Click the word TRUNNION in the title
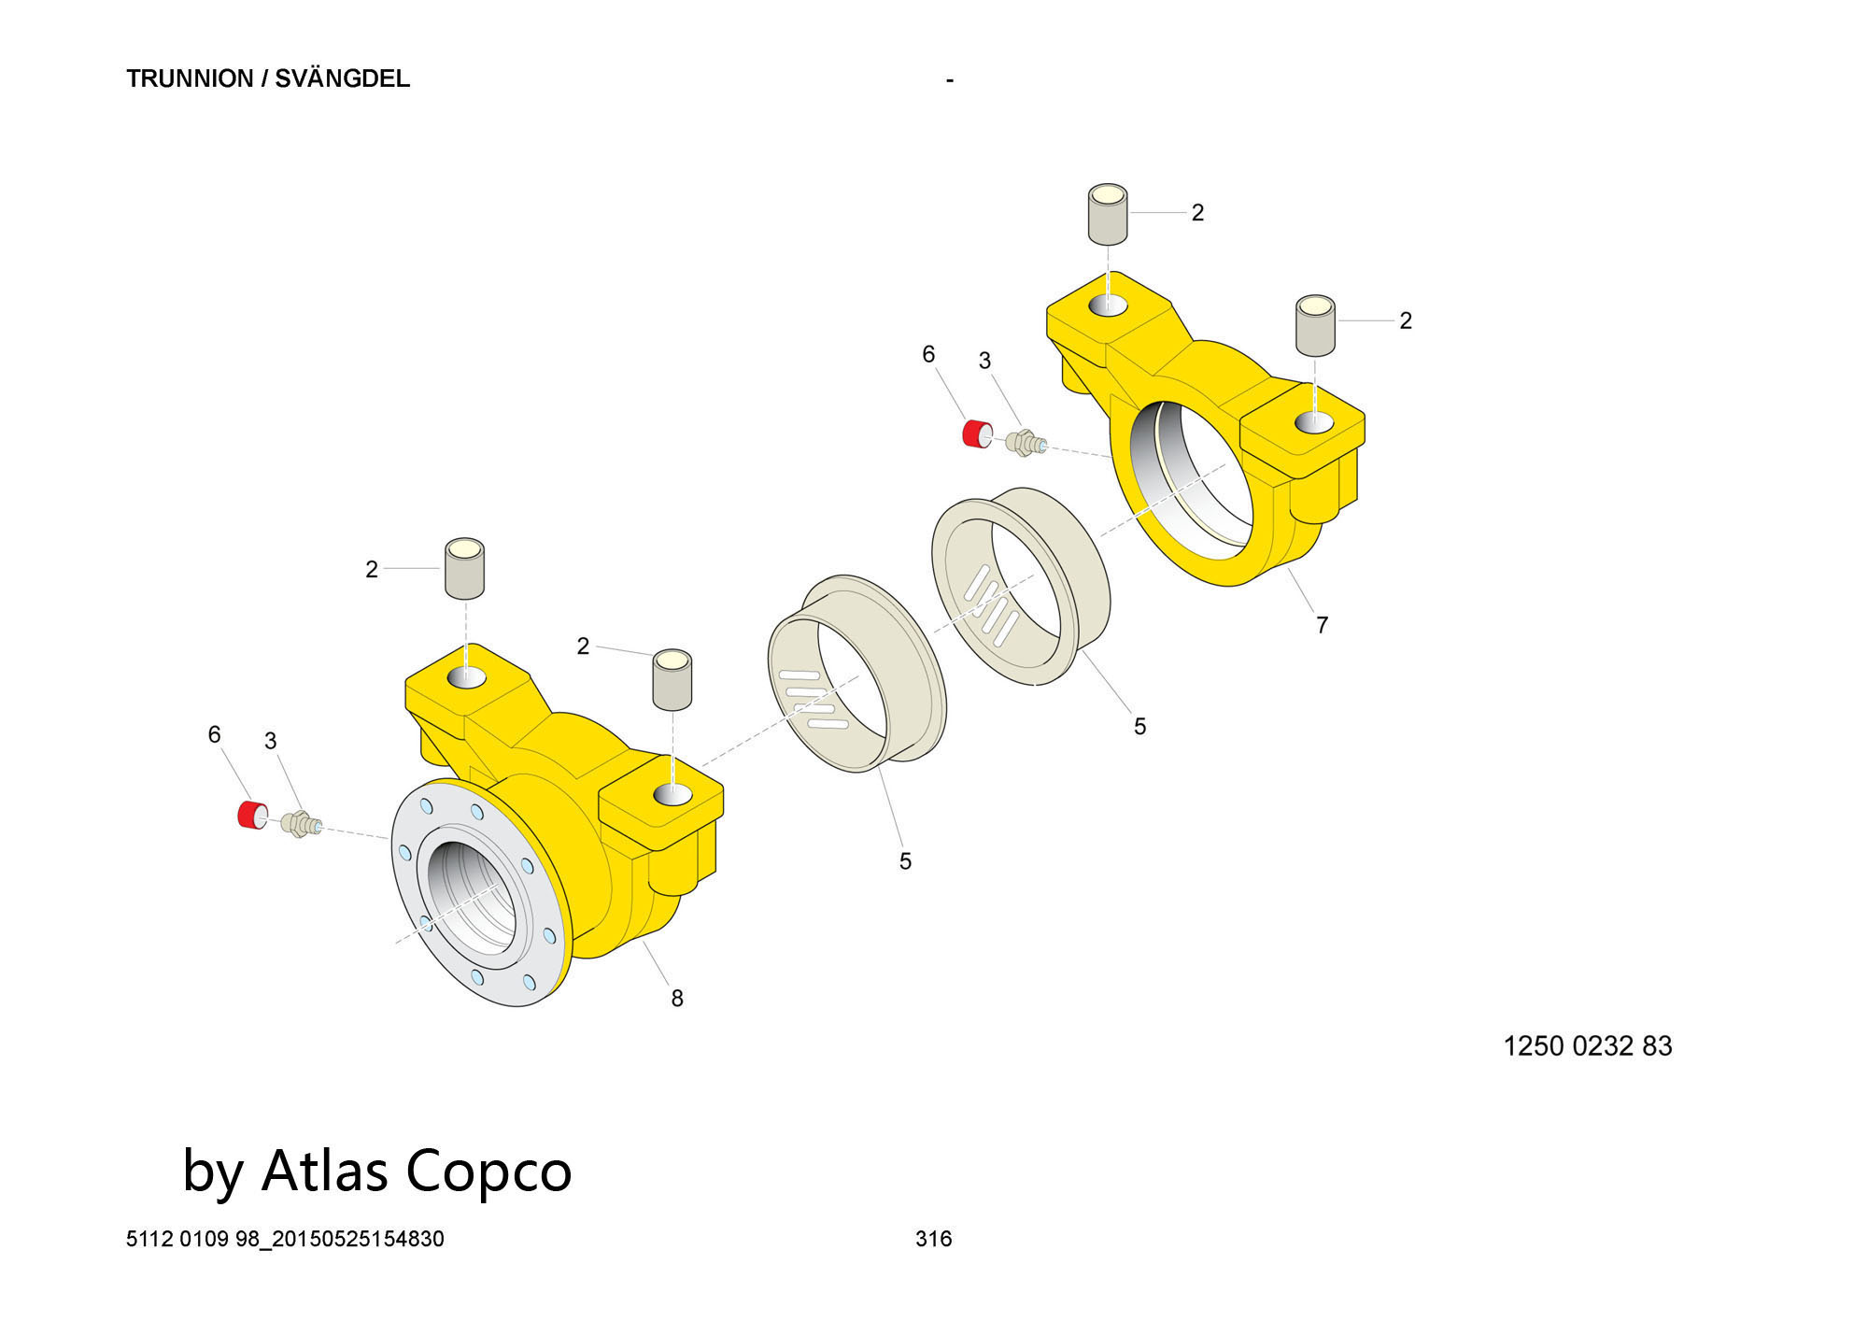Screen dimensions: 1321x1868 190,78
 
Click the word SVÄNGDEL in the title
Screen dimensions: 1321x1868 342,78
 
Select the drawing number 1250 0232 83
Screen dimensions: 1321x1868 1587,1045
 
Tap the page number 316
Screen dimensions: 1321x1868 933,1239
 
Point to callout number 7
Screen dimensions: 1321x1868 1322,625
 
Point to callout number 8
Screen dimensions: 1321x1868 677,999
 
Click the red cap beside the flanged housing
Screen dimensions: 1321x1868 251,815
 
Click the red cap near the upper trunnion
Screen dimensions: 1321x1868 977,434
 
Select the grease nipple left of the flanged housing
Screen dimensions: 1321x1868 300,823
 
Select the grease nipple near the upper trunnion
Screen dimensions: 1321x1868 1025,441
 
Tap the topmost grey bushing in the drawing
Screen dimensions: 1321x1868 1108,214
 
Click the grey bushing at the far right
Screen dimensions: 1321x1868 1314,325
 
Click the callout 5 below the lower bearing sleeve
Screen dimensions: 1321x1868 905,861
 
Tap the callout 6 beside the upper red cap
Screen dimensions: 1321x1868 928,354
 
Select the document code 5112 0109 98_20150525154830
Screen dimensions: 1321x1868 285,1239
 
